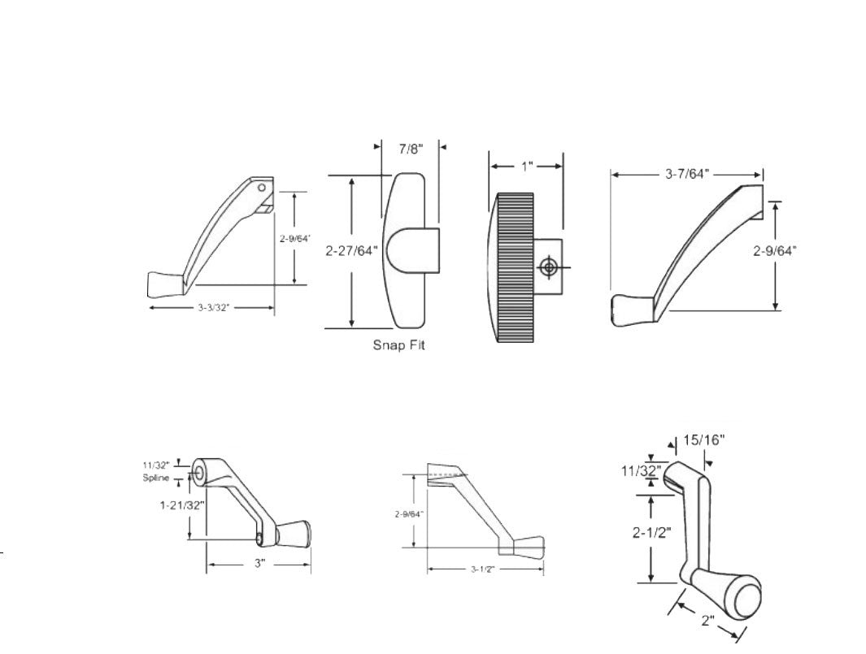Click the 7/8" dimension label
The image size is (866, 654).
410,149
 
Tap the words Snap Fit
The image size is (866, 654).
398,345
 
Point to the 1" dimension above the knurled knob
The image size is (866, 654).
526,166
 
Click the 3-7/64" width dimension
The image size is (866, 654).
687,174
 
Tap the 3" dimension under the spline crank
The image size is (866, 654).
259,563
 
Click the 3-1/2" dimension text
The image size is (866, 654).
483,569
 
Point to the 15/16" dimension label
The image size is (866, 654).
704,440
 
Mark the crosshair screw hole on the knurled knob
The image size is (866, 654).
550,266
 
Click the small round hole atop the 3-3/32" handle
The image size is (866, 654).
262,188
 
